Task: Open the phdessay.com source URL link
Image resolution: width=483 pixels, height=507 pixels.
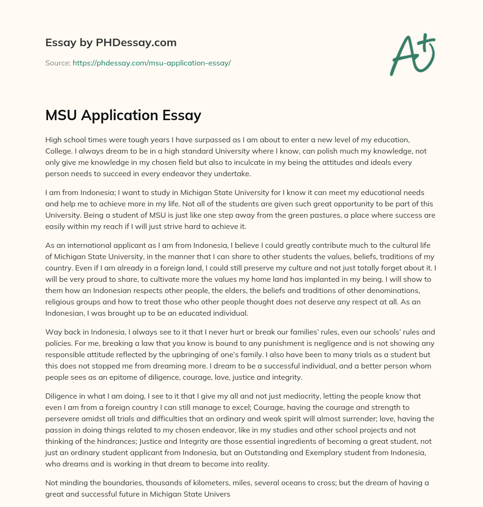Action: (x=151, y=63)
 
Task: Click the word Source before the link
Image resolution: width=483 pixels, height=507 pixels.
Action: (x=58, y=63)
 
